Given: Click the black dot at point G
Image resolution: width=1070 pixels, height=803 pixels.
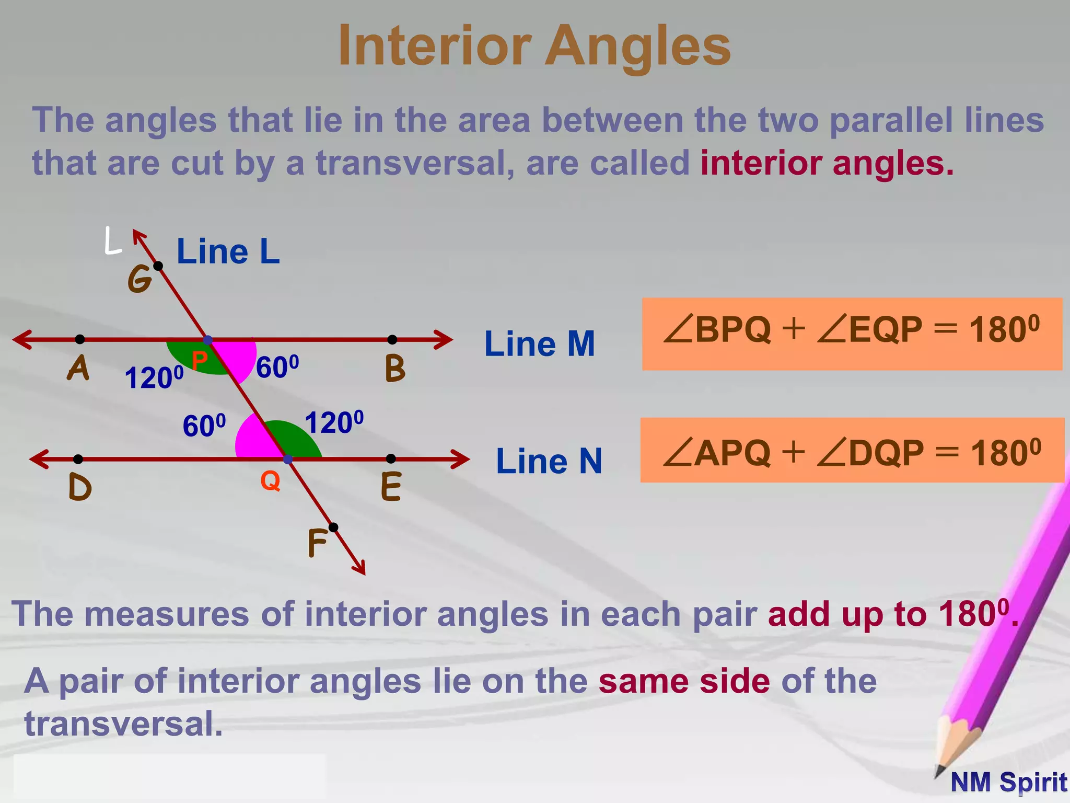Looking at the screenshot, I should [x=158, y=266].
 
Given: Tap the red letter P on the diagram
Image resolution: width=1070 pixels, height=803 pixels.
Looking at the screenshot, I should [x=199, y=360].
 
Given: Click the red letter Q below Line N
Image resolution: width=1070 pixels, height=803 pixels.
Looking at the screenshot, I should [x=270, y=480].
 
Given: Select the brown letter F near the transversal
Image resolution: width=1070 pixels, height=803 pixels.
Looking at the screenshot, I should [x=317, y=543].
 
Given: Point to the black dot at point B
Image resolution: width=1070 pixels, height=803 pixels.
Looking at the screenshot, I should [x=392, y=340].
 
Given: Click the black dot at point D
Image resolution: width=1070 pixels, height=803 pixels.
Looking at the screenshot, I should [x=78, y=459].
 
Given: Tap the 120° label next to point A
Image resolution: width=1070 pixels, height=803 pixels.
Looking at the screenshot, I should [x=154, y=377].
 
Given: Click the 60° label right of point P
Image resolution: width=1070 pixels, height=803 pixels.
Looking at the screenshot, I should [x=277, y=367].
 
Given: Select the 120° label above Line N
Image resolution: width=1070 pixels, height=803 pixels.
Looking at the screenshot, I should [x=334, y=422].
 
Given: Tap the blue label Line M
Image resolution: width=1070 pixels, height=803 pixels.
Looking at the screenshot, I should [x=539, y=344].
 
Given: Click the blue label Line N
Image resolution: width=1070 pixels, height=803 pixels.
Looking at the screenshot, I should [x=549, y=461].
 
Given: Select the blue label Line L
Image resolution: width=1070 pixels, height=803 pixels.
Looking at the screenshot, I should [x=228, y=251].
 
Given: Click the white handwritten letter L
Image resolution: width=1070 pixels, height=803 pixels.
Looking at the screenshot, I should [x=112, y=241].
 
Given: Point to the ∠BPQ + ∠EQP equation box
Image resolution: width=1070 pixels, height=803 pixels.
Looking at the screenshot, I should [x=852, y=334].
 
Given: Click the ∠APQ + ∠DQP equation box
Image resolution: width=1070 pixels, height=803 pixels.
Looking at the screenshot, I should [x=852, y=450].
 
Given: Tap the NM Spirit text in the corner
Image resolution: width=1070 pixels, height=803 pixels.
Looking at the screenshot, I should [x=1008, y=782].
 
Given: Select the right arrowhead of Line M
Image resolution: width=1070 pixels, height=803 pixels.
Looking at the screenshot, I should [x=444, y=339].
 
